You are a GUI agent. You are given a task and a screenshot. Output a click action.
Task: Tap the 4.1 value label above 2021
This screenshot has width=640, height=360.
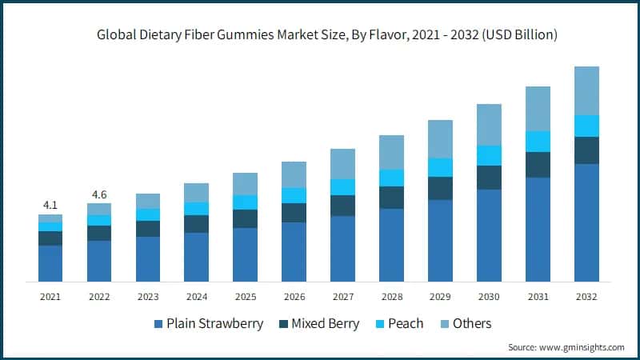click(50, 206)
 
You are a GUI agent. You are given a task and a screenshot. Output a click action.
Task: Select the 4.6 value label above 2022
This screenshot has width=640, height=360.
click(99, 194)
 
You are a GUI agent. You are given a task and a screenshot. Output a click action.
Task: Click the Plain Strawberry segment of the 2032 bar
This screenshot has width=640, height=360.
click(586, 222)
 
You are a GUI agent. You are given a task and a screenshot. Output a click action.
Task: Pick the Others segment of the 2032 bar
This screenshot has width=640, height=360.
click(586, 90)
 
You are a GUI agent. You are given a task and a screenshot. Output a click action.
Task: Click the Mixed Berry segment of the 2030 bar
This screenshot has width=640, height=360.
click(489, 178)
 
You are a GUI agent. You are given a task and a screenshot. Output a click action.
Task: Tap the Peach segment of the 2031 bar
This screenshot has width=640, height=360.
click(538, 142)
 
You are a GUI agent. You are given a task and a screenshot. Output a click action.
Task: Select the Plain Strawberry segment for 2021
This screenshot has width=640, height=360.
click(50, 263)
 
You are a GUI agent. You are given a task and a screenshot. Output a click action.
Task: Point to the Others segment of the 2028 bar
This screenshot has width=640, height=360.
click(391, 152)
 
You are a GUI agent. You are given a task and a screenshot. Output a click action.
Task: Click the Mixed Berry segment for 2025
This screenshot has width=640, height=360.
click(245, 218)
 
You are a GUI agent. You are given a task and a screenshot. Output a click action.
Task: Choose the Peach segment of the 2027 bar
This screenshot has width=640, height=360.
click(342, 187)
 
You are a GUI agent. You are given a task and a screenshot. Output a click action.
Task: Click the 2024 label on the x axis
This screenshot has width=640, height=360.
click(196, 297)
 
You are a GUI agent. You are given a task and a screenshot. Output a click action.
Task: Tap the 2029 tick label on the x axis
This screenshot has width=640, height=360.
click(440, 297)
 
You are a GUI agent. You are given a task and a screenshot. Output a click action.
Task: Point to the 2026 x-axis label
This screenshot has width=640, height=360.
click(294, 297)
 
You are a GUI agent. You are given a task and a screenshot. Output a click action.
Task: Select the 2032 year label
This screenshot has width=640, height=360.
click(586, 297)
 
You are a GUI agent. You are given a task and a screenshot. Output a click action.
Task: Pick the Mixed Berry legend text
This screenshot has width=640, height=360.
click(324, 324)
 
